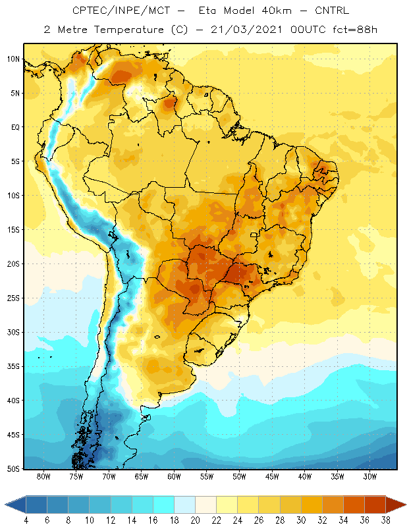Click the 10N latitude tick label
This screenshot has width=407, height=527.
(13, 59)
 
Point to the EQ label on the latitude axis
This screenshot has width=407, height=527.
(16, 127)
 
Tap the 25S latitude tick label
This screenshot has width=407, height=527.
(13, 298)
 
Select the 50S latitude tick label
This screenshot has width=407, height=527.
(13, 468)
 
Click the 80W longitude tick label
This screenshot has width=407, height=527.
(43, 476)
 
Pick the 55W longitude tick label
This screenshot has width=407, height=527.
(207, 476)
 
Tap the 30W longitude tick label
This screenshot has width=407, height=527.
(370, 476)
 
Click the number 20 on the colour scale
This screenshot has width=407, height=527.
(196, 520)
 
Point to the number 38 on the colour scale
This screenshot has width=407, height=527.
(386, 520)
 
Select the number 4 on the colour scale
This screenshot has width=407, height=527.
(26, 520)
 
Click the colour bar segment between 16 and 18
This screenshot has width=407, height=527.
(164, 505)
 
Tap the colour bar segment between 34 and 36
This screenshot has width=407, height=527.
(354, 505)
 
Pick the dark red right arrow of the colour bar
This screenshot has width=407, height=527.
(396, 505)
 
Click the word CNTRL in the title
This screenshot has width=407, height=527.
(332, 11)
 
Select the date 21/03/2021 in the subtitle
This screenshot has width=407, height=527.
(246, 30)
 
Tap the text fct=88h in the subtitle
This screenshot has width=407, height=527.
(355, 30)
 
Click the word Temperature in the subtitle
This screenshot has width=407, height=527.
(128, 30)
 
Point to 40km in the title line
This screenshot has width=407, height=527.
(277, 11)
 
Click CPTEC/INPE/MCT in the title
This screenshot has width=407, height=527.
(121, 11)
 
